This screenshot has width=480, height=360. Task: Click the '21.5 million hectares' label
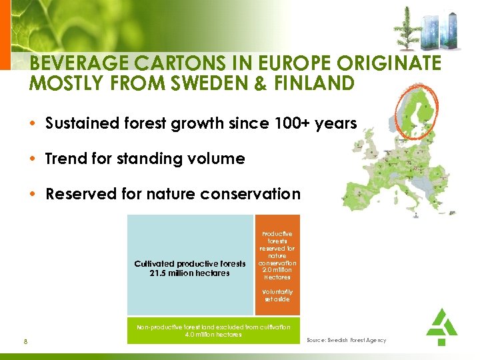click(x=190, y=273)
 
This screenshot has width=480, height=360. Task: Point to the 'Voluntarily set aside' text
click(x=277, y=295)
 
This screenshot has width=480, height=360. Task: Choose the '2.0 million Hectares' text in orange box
click(x=277, y=273)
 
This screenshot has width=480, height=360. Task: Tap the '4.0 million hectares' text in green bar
click(x=213, y=335)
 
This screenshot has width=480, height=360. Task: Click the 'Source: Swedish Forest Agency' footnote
click(x=346, y=341)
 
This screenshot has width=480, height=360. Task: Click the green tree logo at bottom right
click(x=441, y=326)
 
